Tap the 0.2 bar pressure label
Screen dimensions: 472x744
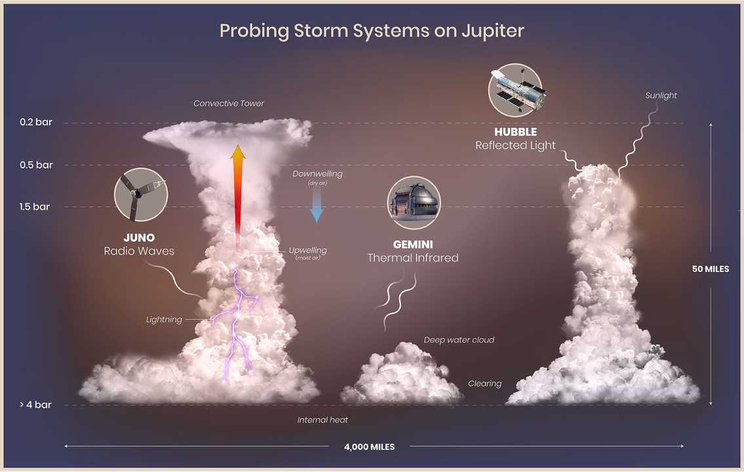pos(35,123)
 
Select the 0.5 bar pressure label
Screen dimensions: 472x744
pos(35,165)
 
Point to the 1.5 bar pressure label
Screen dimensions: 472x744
pos(35,207)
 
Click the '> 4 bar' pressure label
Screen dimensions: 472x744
pos(35,405)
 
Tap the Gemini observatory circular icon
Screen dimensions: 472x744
pos(414,203)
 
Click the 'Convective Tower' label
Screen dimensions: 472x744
pos(229,104)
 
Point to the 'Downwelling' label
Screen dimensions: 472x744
pos(317,174)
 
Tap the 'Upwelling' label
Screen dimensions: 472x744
pos(307,250)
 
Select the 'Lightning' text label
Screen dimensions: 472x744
pos(164,320)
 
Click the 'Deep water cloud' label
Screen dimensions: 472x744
pos(459,340)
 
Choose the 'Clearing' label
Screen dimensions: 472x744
pos(484,383)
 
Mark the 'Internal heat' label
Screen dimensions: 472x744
pos(323,420)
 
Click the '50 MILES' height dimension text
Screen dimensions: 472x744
pos(710,269)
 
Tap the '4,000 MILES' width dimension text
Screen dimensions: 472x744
pos(369,447)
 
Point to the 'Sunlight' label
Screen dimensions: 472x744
pos(660,96)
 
